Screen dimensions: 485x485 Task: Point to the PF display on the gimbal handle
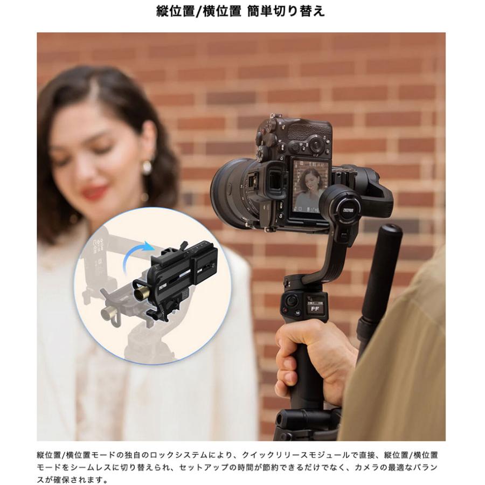(314, 309)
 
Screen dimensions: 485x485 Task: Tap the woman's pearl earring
(147, 167)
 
